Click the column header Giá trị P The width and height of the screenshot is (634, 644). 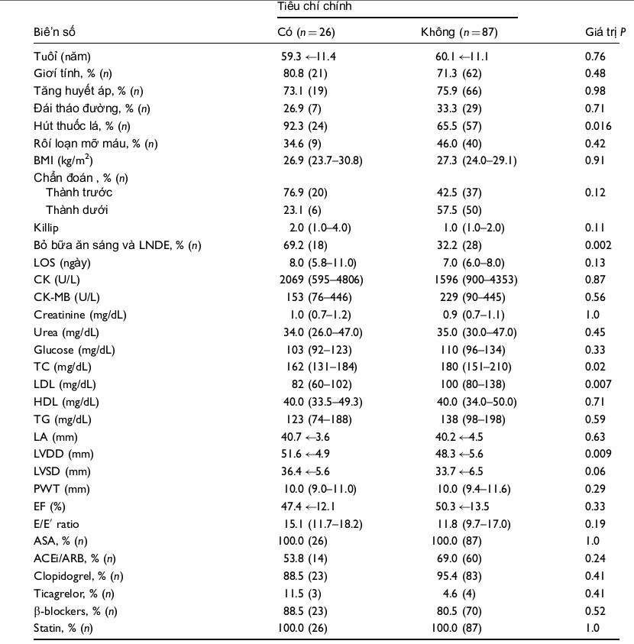click(605, 32)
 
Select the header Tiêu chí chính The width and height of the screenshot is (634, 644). click(314, 6)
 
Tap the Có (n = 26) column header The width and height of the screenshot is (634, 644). click(306, 32)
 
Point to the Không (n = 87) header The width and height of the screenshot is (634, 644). click(459, 32)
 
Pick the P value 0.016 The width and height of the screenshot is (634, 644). click(598, 126)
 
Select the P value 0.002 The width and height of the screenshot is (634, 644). click(598, 245)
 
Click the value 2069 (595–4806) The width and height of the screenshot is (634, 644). click(322, 280)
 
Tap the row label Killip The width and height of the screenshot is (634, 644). click(46, 228)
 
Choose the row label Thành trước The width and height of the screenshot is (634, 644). click(79, 193)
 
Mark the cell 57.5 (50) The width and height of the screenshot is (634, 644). click(459, 210)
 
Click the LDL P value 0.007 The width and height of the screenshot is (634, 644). click(598, 384)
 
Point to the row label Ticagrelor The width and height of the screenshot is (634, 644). click(73, 594)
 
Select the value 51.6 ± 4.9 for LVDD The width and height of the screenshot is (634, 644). click(305, 454)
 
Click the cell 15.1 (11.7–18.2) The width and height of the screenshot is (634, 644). click(323, 524)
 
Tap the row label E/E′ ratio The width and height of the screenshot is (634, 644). click(57, 524)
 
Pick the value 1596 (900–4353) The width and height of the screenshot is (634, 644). click(476, 280)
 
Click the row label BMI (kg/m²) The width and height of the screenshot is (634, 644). click(63, 160)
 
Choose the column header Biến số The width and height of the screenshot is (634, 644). click(54, 32)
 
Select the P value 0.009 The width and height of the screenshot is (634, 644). click(598, 454)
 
